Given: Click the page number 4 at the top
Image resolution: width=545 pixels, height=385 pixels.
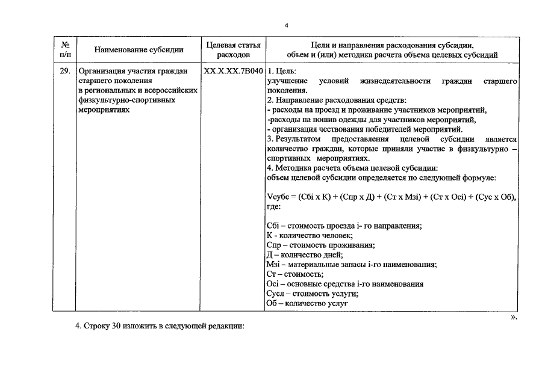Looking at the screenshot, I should click(287, 25).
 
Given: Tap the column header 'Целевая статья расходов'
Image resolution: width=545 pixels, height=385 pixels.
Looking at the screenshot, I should click(233, 50).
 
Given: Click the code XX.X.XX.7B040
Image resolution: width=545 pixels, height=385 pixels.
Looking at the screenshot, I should click(233, 71).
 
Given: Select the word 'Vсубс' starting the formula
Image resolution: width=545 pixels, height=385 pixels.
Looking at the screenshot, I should click(278, 197).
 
